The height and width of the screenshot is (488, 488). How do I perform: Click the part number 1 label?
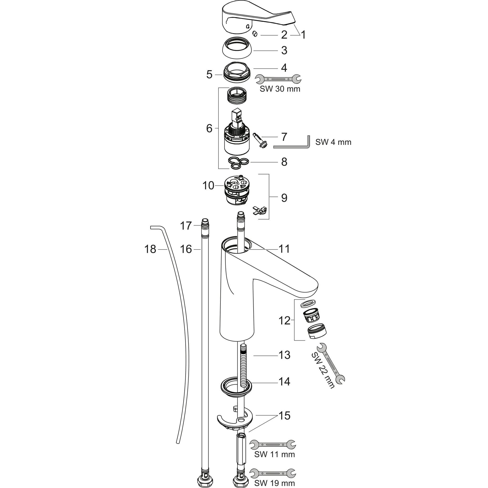coord(303,35)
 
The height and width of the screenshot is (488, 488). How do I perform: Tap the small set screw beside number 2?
coord(255,34)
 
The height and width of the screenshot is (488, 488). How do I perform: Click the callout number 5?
coord(209,75)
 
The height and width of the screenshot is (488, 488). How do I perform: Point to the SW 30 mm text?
coord(280,89)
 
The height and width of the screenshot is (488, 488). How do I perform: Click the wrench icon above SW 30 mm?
coord(278,79)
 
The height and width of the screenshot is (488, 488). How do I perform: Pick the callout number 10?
coord(208,186)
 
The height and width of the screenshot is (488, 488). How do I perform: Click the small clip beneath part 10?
coord(259,210)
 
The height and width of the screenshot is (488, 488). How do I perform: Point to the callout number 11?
coord(284,249)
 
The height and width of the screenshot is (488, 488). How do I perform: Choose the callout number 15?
coord(285,416)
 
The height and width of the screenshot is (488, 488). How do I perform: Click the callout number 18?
coord(150,249)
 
